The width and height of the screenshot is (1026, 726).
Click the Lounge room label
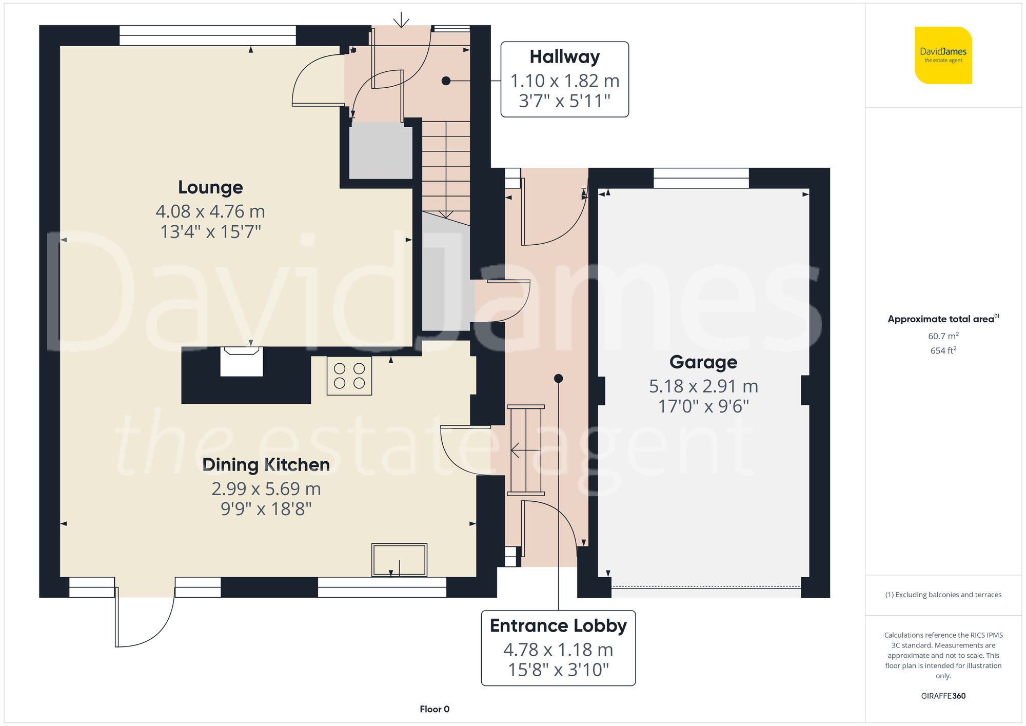210,187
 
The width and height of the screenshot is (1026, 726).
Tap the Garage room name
703,362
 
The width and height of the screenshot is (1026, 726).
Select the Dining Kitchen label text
266,465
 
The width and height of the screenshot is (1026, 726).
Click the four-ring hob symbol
349,376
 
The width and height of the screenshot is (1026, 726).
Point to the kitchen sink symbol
399,560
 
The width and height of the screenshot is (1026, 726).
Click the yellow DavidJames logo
943,55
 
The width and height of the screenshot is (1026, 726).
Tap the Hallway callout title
564,57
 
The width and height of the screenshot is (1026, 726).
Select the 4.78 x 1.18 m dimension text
558,650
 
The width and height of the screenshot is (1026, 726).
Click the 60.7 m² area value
943,336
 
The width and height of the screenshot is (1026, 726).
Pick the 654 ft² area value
943,351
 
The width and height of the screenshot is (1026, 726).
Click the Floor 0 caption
434,709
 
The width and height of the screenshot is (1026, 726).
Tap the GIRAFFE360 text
943,696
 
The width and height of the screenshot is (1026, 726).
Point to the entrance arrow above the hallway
401,20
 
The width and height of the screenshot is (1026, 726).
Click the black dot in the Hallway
446,81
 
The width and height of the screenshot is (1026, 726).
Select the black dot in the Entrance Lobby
559,379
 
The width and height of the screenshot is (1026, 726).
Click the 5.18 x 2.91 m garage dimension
703,386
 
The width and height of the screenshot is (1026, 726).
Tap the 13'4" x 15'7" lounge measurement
210,232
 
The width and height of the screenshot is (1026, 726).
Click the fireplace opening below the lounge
242,362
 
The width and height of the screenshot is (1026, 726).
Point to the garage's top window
701,178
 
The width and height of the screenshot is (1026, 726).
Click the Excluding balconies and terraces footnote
943,595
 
